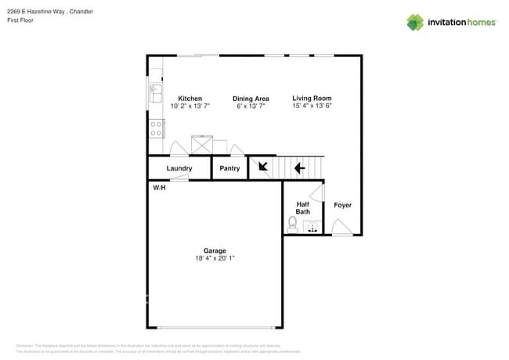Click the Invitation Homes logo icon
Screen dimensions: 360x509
[x=415, y=22]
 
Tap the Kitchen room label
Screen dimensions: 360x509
[x=190, y=99]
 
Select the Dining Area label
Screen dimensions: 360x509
[x=251, y=99]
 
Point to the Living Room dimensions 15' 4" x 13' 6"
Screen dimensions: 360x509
[x=312, y=106]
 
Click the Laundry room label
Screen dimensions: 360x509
[x=179, y=168]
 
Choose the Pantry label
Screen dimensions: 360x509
[x=229, y=168]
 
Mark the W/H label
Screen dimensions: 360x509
[x=159, y=188]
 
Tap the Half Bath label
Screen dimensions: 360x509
[x=302, y=208]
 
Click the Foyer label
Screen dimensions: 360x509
[x=343, y=205]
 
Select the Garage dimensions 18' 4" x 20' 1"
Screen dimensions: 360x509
[x=215, y=258]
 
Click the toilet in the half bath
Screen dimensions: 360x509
[x=293, y=225]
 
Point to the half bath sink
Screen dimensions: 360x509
[x=312, y=228]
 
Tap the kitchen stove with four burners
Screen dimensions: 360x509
[x=157, y=128]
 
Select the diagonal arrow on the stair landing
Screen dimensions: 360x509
[x=260, y=167]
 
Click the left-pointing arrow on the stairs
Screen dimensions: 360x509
[x=298, y=167]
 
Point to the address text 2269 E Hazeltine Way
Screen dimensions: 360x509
[x=35, y=11]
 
